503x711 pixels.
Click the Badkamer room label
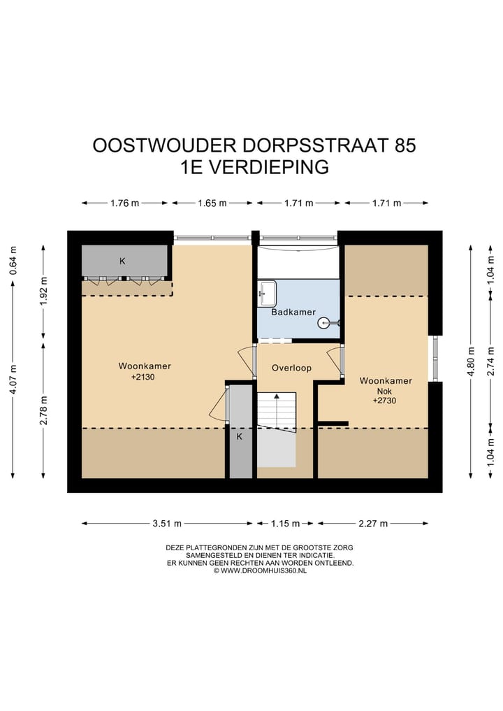(x=293, y=313)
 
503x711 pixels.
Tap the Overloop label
(x=291, y=368)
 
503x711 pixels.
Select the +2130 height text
(x=145, y=377)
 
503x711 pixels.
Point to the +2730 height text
(x=386, y=401)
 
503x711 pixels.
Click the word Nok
(x=385, y=392)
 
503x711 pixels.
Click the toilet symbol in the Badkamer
(x=326, y=323)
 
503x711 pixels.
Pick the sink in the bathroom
(x=267, y=293)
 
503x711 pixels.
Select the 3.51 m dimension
(x=167, y=523)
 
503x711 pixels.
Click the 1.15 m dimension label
(x=285, y=523)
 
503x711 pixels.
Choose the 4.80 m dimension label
(x=472, y=361)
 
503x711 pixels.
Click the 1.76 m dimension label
(x=125, y=203)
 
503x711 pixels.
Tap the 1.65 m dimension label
(x=212, y=203)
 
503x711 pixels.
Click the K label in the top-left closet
(x=122, y=261)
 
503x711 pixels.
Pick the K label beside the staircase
(x=239, y=437)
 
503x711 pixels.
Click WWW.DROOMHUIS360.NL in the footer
(x=263, y=570)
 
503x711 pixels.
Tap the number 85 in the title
(x=405, y=145)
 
